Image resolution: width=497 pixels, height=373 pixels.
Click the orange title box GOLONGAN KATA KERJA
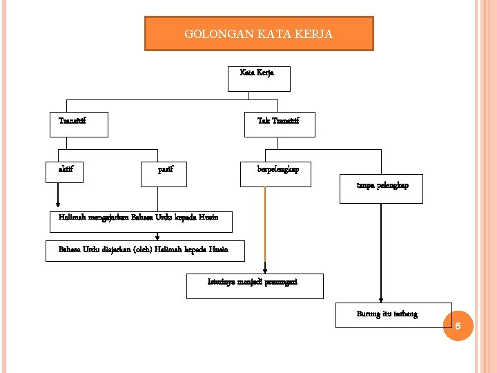point(259,34)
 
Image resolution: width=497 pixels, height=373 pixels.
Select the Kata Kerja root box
point(259,78)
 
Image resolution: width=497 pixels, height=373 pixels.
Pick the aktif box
point(64,172)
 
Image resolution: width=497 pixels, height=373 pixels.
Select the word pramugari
point(282,282)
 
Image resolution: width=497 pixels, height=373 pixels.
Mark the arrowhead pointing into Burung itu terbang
point(378,298)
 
